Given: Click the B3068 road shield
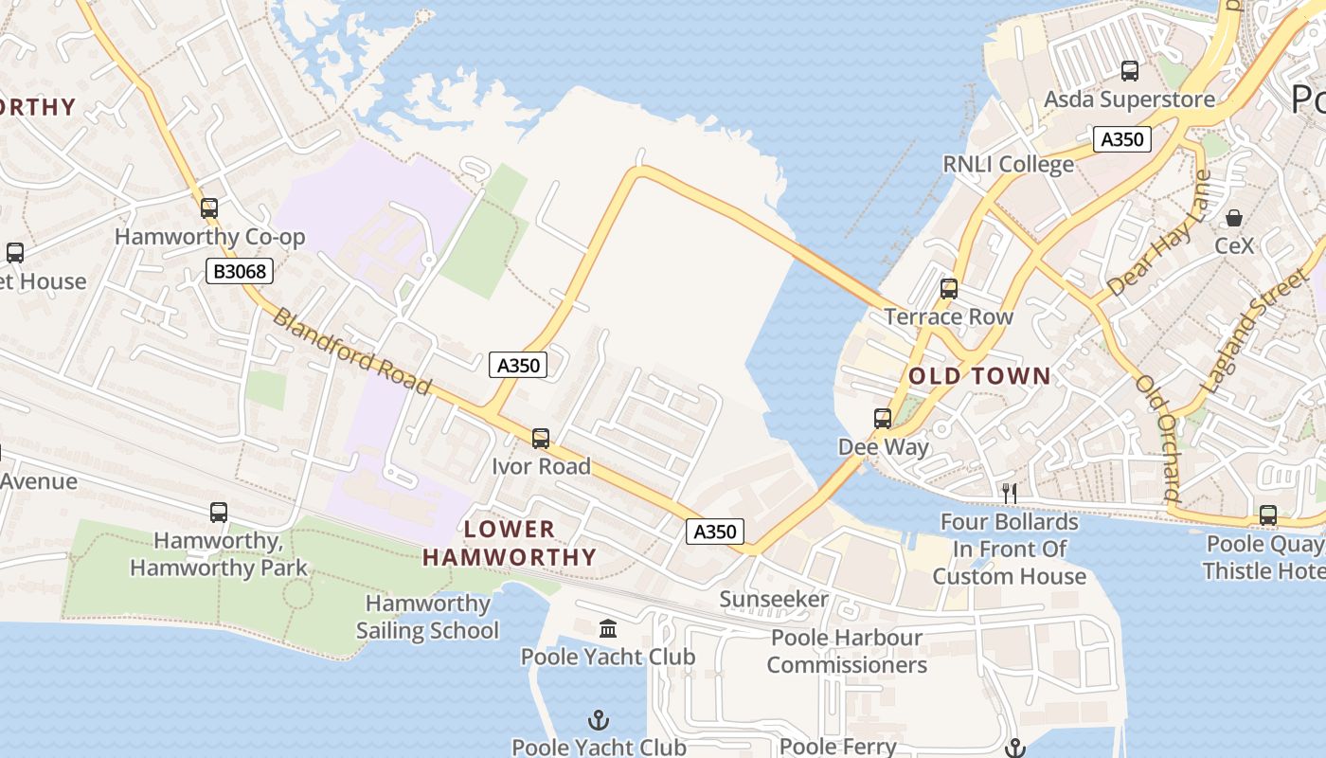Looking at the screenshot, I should (240, 272).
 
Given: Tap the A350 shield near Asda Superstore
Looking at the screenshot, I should (1122, 139).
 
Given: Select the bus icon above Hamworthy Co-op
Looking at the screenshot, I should (209, 208).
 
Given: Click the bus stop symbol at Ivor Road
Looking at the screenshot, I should (541, 438).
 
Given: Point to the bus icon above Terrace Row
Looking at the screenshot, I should (949, 289).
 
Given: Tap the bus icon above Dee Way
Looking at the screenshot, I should (883, 418).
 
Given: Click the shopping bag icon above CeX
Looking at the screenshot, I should (1234, 218).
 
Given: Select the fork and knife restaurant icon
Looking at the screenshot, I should (1010, 493).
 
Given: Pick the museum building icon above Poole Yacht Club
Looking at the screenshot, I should (607, 628).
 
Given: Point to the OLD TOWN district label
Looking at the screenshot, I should (979, 376).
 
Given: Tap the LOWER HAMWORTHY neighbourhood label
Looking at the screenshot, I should (510, 543).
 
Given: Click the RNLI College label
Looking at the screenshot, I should (1008, 164).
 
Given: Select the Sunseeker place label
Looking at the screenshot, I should (774, 599).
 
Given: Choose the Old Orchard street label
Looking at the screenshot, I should (1158, 438).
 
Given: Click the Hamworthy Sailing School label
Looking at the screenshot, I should (427, 617).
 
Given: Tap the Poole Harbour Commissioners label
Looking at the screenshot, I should (847, 651).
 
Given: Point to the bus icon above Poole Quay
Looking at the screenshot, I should (1267, 515).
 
